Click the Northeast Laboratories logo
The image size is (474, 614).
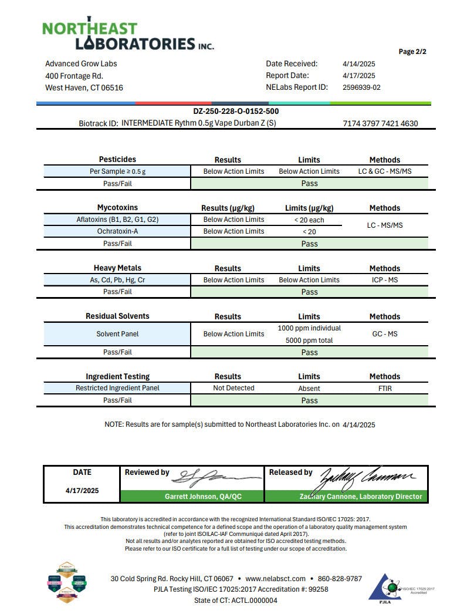(128, 35)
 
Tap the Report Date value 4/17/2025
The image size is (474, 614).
(358, 76)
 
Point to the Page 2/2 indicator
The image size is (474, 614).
(412, 52)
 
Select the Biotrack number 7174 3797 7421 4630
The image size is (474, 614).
(380, 124)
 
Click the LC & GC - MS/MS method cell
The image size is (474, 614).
(385, 171)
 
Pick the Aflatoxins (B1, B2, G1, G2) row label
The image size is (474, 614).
(117, 220)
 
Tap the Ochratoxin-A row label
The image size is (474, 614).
(117, 231)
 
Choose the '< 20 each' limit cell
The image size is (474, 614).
(309, 220)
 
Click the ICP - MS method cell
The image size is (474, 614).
(385, 280)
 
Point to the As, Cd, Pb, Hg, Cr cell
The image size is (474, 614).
(117, 280)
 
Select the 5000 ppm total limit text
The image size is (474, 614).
(309, 340)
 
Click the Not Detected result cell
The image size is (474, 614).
(233, 388)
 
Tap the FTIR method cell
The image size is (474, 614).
(385, 389)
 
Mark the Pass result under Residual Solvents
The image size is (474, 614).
(309, 352)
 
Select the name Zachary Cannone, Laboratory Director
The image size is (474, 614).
(360, 497)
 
